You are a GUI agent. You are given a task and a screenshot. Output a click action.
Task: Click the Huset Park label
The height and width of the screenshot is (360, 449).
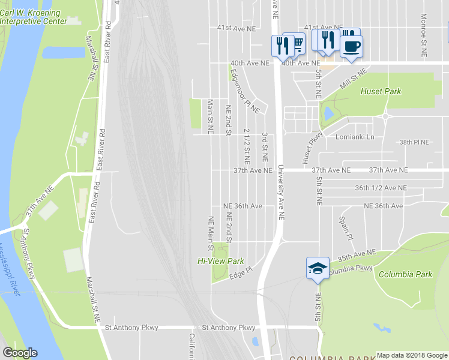click(381, 92)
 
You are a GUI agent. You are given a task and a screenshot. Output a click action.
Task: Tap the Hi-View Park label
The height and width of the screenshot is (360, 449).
click(221, 262)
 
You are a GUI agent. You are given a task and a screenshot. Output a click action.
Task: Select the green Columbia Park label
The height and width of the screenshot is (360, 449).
click(405, 275)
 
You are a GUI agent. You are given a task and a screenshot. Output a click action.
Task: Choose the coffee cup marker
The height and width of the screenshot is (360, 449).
click(351, 46)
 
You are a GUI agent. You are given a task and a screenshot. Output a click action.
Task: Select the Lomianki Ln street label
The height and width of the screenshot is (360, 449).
click(355, 137)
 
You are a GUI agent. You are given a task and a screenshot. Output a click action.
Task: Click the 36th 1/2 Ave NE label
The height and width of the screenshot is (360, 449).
click(381, 188)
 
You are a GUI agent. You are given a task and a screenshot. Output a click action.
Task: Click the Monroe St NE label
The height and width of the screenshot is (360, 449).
click(424, 28)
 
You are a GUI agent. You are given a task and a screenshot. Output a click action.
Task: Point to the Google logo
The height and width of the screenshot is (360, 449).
click(20, 353)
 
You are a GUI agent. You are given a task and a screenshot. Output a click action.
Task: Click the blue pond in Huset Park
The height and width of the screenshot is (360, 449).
click(329, 113)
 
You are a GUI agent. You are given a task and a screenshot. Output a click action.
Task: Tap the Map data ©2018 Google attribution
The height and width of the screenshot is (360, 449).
click(411, 355)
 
